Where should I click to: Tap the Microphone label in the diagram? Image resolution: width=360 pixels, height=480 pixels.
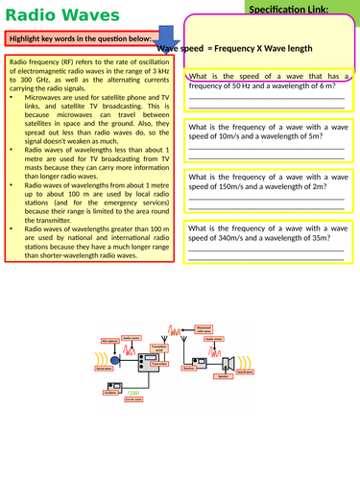[x=109, y=339]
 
